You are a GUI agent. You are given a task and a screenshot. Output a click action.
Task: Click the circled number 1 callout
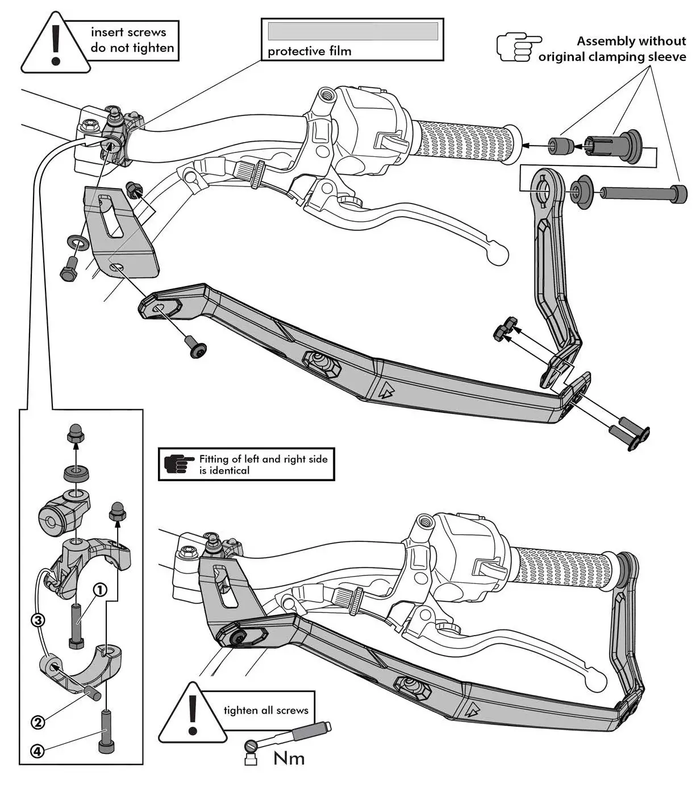(x=99, y=590)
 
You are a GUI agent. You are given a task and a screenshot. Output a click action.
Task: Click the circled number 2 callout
(x=37, y=723)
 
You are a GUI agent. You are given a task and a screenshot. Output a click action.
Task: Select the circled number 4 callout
(x=36, y=752)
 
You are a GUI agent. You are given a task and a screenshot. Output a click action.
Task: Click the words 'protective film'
(x=310, y=51)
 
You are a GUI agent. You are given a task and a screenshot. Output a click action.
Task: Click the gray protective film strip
(x=352, y=31)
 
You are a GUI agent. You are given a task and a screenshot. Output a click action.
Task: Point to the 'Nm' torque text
(x=289, y=758)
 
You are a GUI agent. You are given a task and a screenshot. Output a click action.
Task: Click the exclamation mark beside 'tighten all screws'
(x=193, y=715)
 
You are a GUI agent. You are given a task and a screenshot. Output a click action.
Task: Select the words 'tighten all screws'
(x=266, y=710)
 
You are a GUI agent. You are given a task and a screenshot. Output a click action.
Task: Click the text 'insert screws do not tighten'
(x=132, y=40)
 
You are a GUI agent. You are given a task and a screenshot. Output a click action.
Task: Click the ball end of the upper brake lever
(x=497, y=254)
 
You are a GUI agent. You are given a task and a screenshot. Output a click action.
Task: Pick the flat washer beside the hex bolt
(x=78, y=243)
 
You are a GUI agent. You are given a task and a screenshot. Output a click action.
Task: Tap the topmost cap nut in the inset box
(x=76, y=433)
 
